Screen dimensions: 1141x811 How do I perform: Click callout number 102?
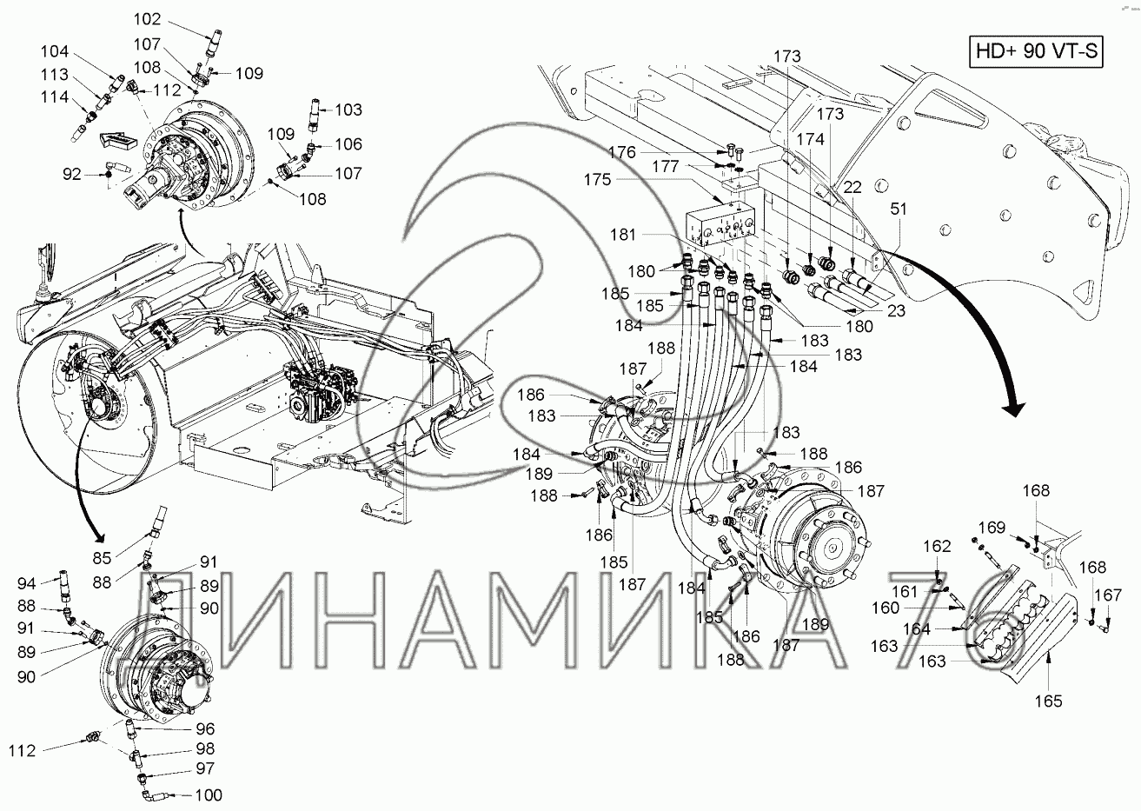(x=147, y=19)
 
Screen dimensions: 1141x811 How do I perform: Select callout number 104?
(x=55, y=51)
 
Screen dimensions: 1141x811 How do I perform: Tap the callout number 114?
(x=55, y=96)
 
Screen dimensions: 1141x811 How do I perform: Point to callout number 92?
(x=72, y=174)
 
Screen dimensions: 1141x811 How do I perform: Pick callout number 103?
(x=348, y=110)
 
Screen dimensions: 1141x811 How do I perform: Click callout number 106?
(x=348, y=144)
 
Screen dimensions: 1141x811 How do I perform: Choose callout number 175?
(x=597, y=180)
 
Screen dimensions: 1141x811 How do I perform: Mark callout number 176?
(x=622, y=152)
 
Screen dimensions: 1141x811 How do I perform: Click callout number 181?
(x=623, y=235)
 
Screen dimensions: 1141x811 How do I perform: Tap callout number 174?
(x=811, y=139)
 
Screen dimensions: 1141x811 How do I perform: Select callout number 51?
(x=899, y=209)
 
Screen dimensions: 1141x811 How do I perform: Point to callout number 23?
(x=896, y=310)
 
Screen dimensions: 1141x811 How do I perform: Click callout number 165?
(x=1048, y=701)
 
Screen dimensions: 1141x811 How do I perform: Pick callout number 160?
(x=886, y=608)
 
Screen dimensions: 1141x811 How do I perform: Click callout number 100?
(x=209, y=795)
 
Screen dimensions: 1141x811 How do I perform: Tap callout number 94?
(x=26, y=583)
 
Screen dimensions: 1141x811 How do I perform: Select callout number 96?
(x=205, y=729)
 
